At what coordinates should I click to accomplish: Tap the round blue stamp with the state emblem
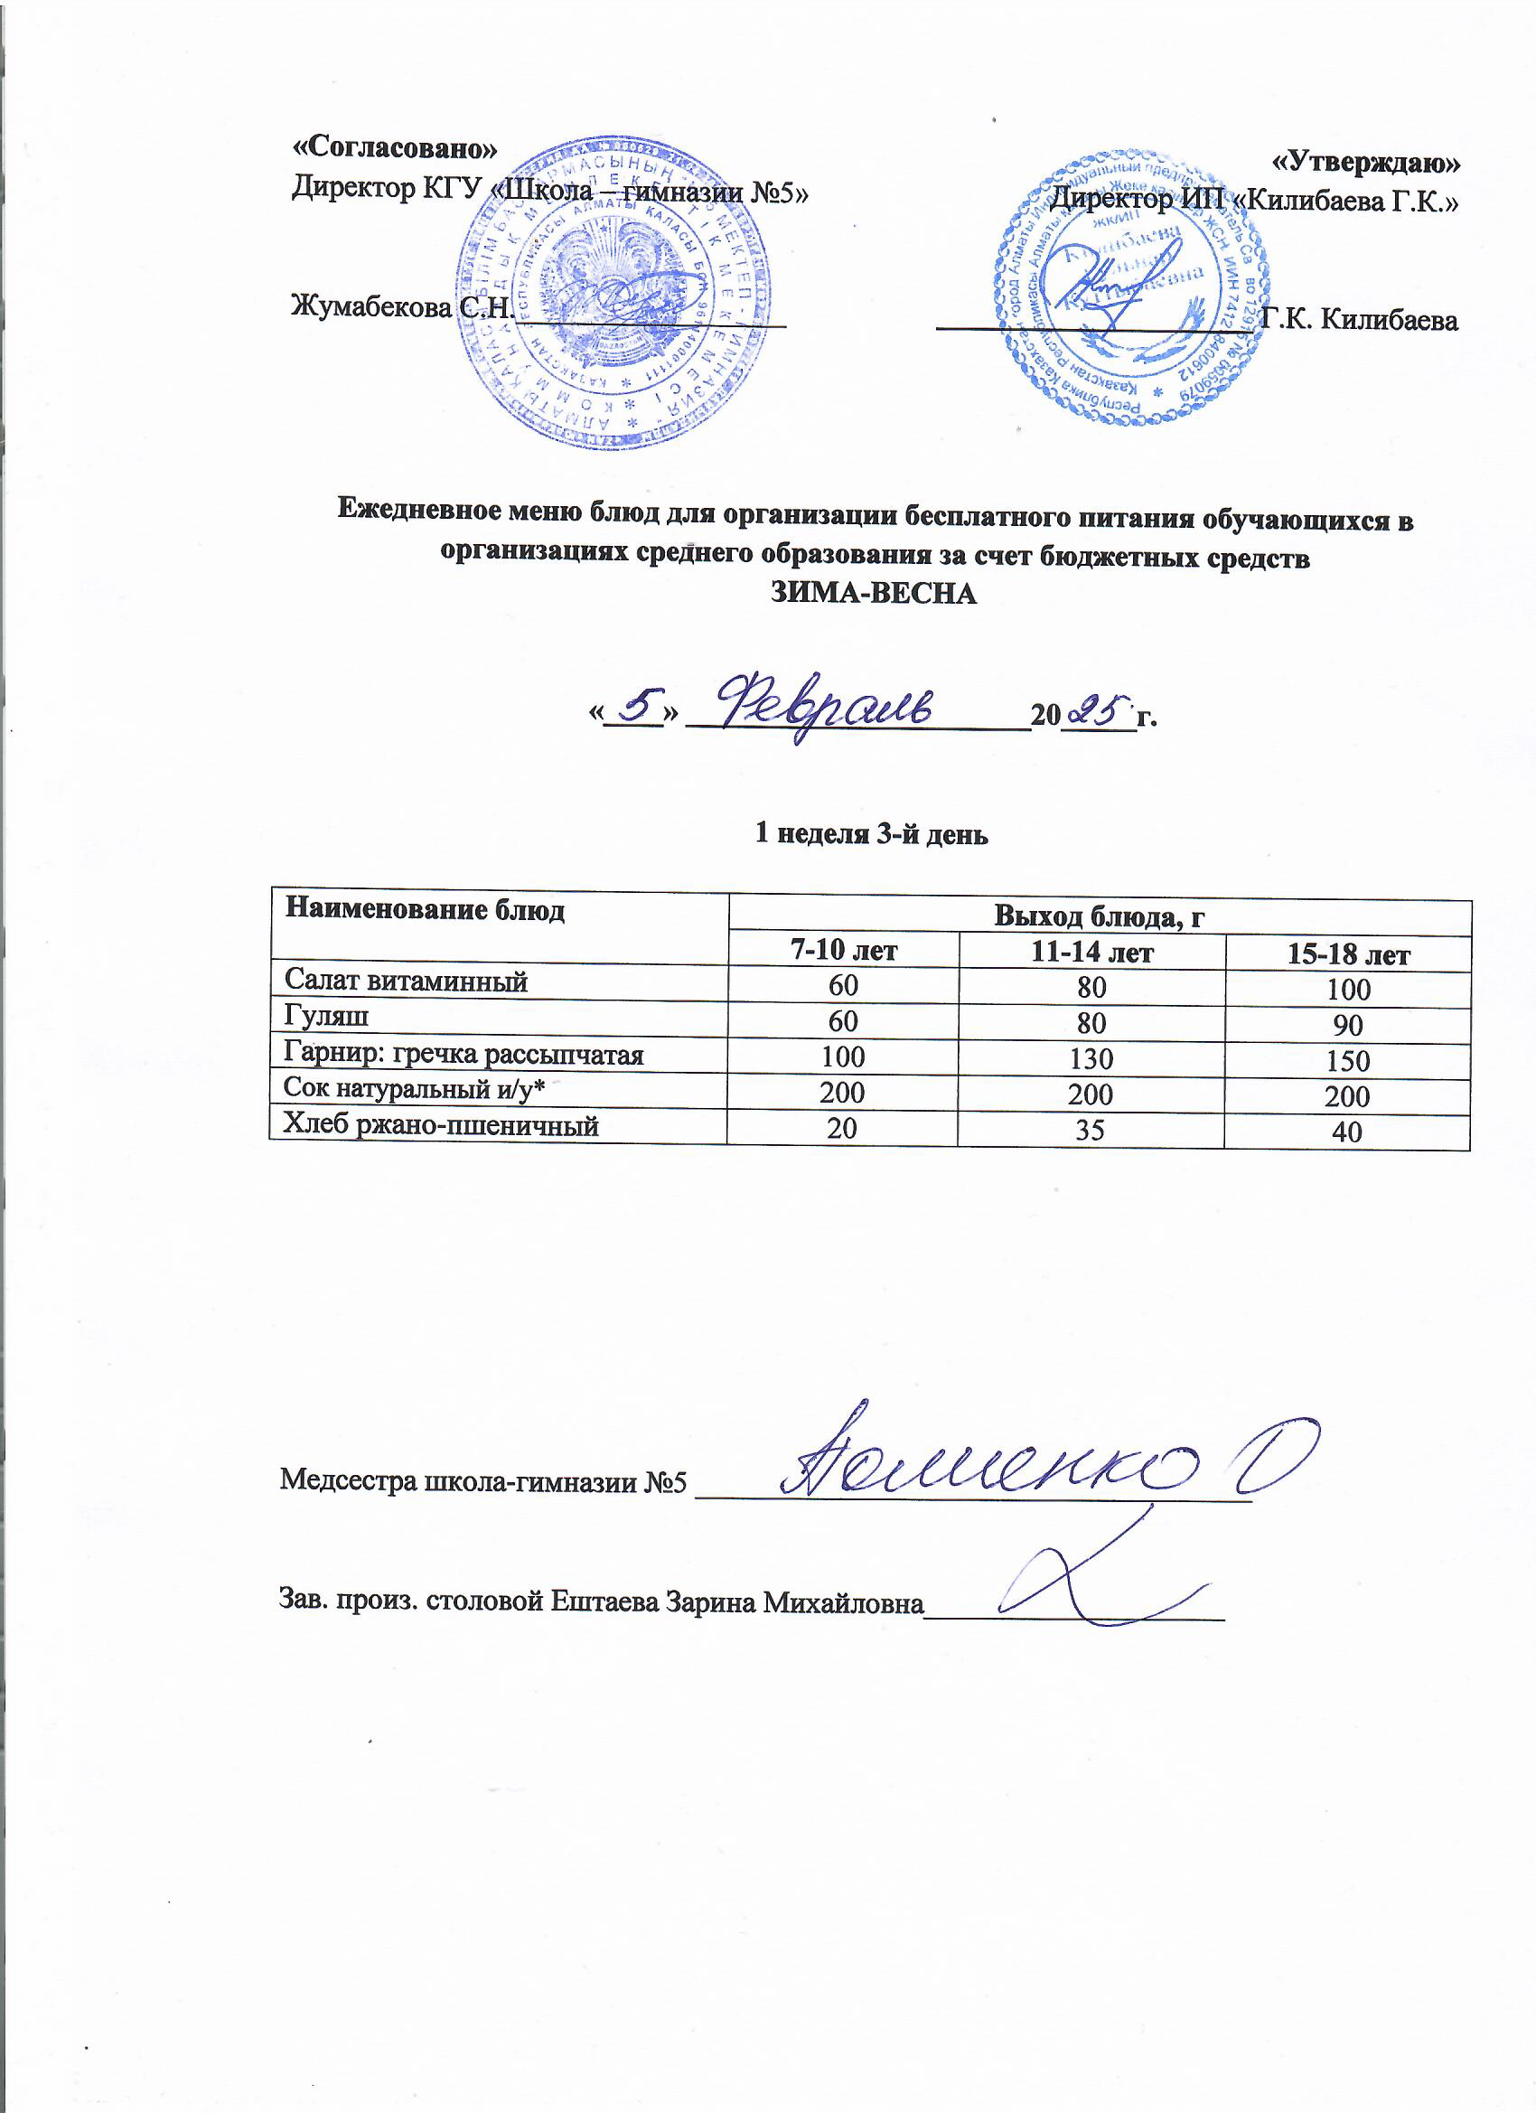click(x=614, y=292)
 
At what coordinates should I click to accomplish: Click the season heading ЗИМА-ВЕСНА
click(x=875, y=594)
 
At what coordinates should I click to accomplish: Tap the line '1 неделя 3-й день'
click(x=871, y=834)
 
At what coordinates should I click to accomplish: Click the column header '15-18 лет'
click(x=1348, y=954)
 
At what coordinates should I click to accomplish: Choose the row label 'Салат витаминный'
click(x=406, y=981)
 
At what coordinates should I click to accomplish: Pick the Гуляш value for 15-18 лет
click(x=1348, y=1026)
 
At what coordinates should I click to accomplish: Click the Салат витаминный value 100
click(x=1348, y=990)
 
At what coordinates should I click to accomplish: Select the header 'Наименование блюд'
click(x=425, y=910)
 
